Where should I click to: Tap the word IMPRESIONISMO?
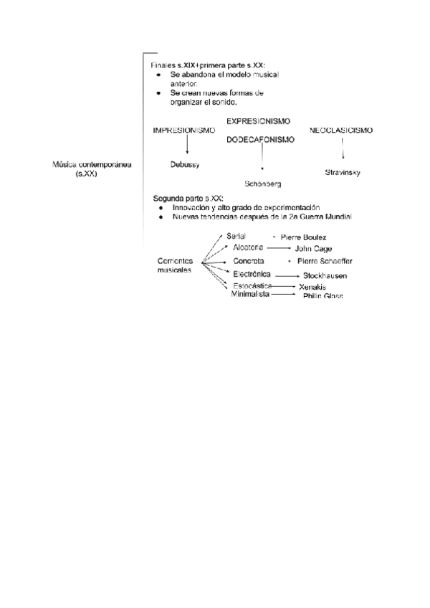tap(183, 130)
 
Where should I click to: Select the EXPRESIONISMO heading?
tap(258, 121)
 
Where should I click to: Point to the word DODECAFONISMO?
tap(260, 140)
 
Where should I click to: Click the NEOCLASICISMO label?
tap(341, 130)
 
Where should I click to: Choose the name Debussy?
tap(185, 165)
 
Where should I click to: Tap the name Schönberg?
tap(262, 184)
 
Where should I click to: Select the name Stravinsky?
tap(342, 173)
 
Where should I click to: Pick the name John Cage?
tap(313, 249)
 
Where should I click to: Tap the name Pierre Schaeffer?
tap(324, 261)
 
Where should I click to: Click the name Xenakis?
tap(312, 287)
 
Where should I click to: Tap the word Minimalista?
tap(250, 294)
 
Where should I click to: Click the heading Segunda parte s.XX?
tap(188, 197)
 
